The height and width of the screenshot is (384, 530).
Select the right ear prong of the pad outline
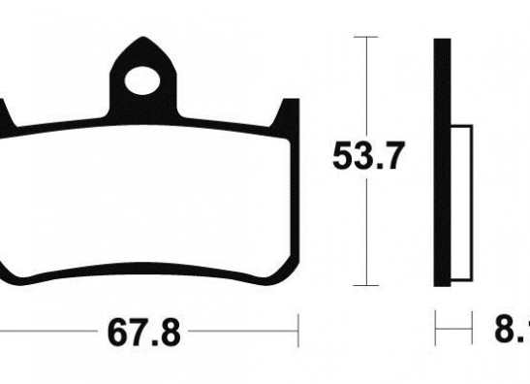pos(288,114)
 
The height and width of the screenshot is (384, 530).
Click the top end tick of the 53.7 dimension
pos(364,37)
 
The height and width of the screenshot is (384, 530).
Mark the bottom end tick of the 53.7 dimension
pos(364,285)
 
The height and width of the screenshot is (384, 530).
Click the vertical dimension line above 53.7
pos(364,87)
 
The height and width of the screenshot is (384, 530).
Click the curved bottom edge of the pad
pos(145,267)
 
